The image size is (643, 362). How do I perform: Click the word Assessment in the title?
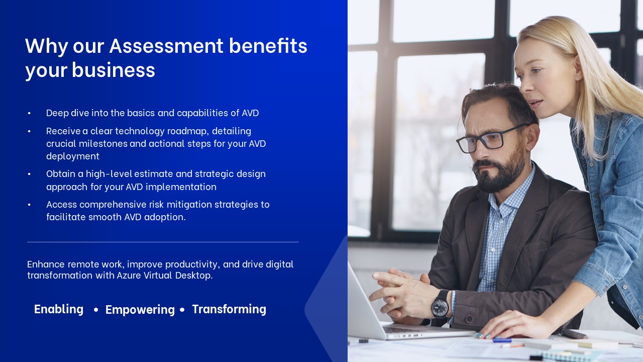[166, 46]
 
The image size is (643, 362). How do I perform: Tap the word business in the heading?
[114, 70]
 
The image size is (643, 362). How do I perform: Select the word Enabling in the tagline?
[59, 309]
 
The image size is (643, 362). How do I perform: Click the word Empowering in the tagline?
[140, 310]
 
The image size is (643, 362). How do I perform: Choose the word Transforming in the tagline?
[229, 309]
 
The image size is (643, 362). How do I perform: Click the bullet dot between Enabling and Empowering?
[96, 310]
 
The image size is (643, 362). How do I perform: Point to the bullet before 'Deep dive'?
[29, 113]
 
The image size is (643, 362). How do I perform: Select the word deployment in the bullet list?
[73, 156]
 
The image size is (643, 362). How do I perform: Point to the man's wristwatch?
[441, 305]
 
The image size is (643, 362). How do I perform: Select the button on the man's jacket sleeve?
[469, 319]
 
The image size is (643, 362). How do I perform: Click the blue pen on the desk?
[502, 340]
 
